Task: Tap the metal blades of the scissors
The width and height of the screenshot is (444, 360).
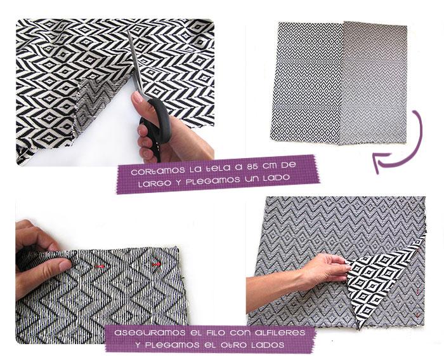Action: [x=138, y=63]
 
